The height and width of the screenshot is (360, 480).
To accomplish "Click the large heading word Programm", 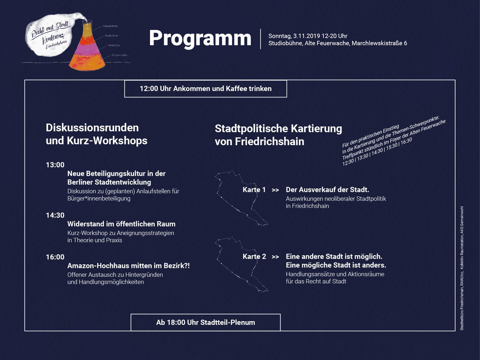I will (x=200, y=38).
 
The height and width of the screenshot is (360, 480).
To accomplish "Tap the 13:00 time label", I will (x=55, y=165).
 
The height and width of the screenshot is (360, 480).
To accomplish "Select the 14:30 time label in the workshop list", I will (x=55, y=215).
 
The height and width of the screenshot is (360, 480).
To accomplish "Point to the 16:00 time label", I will (x=55, y=257).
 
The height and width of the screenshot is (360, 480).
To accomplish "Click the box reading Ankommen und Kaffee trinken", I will (x=206, y=89).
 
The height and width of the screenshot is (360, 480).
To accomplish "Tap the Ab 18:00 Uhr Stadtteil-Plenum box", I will (x=206, y=322).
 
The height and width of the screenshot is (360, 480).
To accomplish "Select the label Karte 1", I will (x=254, y=190).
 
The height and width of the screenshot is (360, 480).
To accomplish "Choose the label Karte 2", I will (x=254, y=256).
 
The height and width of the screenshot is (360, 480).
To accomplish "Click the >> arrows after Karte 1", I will (x=275, y=190).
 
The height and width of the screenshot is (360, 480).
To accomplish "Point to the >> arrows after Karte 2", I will (x=275, y=256).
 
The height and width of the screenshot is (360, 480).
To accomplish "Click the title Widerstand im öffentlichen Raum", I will (x=121, y=224).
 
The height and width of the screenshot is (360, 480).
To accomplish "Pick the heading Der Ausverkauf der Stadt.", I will (x=327, y=190).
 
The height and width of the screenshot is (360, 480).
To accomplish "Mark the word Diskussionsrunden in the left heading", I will (x=92, y=128).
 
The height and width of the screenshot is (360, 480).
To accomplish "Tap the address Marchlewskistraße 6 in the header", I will (x=379, y=43).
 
